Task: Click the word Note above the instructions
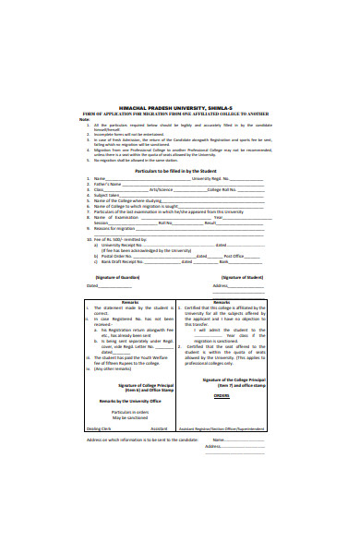[83, 120]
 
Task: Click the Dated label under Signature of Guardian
[91, 285]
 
